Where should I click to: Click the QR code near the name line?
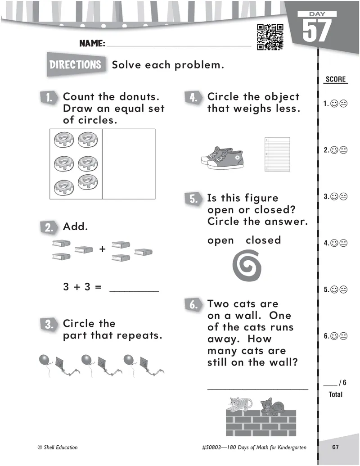(x=270, y=37)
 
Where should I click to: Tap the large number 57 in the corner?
(x=317, y=30)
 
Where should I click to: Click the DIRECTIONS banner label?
(x=76, y=64)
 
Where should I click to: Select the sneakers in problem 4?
(x=222, y=158)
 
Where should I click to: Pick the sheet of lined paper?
(x=277, y=154)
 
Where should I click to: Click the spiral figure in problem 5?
(x=247, y=265)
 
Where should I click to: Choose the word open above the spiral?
(x=220, y=240)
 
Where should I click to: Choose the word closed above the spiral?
(x=263, y=240)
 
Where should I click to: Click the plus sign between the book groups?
(x=103, y=249)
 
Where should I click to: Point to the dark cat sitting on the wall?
(x=272, y=406)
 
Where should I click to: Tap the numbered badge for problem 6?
(x=193, y=305)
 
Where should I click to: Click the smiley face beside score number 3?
(x=334, y=196)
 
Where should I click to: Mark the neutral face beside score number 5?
(x=343, y=290)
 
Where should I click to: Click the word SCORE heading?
(x=336, y=79)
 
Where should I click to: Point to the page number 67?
(x=335, y=447)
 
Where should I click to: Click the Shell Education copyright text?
(x=58, y=447)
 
